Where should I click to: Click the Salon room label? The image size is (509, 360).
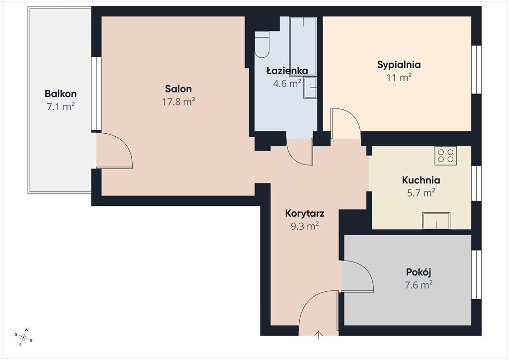pyautogui.click(x=178, y=89)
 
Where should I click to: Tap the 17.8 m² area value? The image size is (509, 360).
pyautogui.click(x=178, y=101)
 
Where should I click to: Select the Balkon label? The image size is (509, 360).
pyautogui.click(x=61, y=94)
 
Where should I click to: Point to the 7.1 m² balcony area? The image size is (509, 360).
pyautogui.click(x=61, y=106)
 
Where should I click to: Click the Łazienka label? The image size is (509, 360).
pyautogui.click(x=287, y=71)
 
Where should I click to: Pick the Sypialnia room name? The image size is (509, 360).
pyautogui.click(x=399, y=65)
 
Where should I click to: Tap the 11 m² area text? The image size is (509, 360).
pyautogui.click(x=399, y=78)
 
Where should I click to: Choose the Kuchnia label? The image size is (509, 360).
pyautogui.click(x=421, y=180)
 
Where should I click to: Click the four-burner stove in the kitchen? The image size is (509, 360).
pyautogui.click(x=446, y=156)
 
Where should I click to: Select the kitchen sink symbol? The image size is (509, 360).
pyautogui.click(x=436, y=221)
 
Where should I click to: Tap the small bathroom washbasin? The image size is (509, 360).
pyautogui.click(x=310, y=88)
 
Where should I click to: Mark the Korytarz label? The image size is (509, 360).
pyautogui.click(x=305, y=214)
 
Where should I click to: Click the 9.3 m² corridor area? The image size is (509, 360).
pyautogui.click(x=305, y=226)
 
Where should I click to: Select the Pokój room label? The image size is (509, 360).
pyautogui.click(x=419, y=272)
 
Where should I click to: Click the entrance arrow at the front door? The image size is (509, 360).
pyautogui.click(x=319, y=335)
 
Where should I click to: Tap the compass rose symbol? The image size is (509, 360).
pyautogui.click(x=24, y=337)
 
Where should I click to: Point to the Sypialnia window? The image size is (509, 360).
pyautogui.click(x=476, y=70)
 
